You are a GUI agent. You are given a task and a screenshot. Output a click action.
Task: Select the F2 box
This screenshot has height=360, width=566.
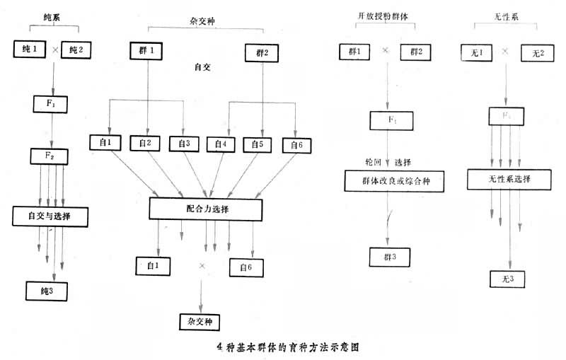(x=47, y=155)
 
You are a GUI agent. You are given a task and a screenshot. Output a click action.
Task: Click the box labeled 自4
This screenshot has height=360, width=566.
(x=221, y=144)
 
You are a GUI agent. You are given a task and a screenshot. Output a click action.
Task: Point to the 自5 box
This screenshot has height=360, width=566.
(x=258, y=144)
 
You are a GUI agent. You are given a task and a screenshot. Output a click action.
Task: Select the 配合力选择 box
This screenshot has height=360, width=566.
(x=206, y=209)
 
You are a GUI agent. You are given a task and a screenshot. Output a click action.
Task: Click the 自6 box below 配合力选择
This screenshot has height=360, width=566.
(x=247, y=267)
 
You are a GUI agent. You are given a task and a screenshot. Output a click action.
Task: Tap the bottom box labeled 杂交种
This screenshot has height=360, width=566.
(x=200, y=320)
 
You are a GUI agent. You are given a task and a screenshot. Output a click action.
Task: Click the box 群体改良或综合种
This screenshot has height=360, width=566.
(x=388, y=181)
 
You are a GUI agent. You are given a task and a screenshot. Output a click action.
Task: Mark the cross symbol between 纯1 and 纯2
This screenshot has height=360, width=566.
(x=54, y=50)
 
